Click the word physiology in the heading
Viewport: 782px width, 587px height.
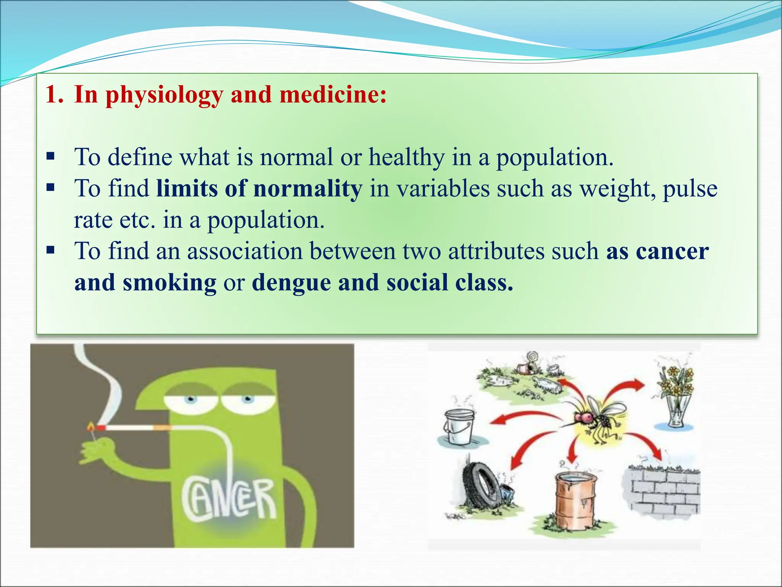[x=164, y=95]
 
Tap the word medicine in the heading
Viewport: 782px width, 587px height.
[x=333, y=95]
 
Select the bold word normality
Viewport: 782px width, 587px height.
[x=307, y=188]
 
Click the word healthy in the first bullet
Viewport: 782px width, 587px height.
[x=406, y=157]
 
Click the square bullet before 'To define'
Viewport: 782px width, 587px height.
[x=50, y=156]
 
